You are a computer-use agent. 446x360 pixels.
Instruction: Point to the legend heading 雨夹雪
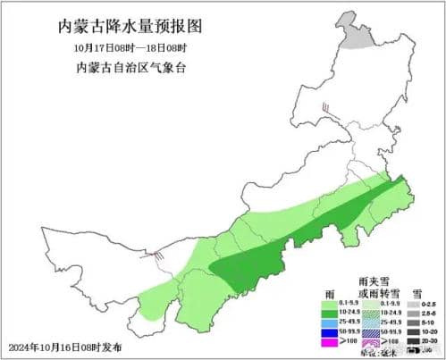tap(370, 280)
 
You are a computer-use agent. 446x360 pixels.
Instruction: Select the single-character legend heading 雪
tap(416, 292)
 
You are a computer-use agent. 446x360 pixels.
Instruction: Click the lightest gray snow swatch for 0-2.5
tap(413, 303)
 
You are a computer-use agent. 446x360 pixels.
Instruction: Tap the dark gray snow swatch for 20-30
tap(413, 341)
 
